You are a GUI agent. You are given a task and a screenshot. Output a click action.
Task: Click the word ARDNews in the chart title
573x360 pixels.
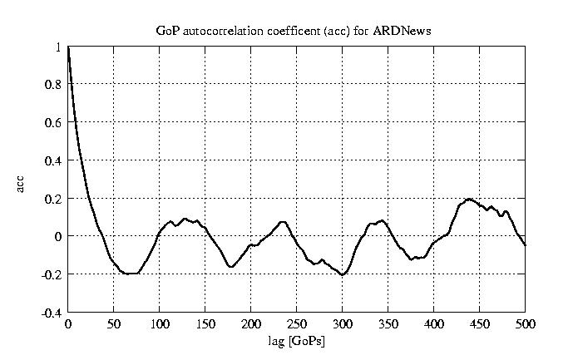[x=407, y=32]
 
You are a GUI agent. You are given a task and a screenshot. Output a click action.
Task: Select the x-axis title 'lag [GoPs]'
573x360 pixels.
[x=296, y=342]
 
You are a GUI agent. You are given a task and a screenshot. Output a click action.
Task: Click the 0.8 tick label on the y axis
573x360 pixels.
[x=53, y=85]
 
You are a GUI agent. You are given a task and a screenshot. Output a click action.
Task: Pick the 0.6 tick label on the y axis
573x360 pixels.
[x=53, y=123]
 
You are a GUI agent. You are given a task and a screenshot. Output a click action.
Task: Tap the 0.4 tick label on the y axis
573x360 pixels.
[x=53, y=160]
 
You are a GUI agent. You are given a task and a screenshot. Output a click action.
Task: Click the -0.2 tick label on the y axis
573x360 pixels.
[x=52, y=274]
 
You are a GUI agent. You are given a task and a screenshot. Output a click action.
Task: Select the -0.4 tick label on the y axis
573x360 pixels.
[x=52, y=313]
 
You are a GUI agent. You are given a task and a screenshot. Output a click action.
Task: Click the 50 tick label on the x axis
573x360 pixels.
[x=114, y=324]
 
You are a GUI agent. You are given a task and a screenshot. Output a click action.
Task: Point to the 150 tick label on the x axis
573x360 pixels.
[x=205, y=324]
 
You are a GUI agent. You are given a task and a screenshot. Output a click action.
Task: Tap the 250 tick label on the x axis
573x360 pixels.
[x=296, y=324]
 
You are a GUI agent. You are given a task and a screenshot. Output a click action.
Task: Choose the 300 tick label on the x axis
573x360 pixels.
[x=342, y=324]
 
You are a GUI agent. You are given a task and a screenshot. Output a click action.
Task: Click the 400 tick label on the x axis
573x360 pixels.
[x=433, y=324]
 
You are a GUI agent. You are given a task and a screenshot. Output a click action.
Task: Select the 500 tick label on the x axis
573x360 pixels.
[x=525, y=324]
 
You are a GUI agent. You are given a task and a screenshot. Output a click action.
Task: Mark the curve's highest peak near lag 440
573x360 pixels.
[x=469, y=200]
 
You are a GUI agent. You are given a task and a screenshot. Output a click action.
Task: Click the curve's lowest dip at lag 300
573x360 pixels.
[x=342, y=274]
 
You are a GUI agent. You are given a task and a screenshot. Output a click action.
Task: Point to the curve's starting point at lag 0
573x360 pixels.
[x=68, y=48]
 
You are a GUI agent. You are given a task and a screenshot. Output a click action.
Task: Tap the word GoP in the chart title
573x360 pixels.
[x=167, y=32]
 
